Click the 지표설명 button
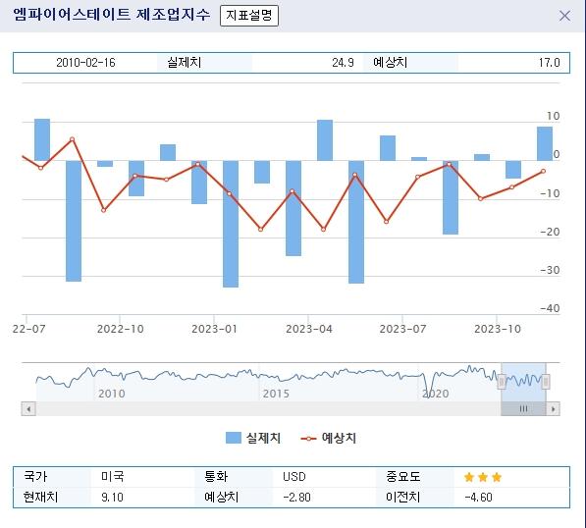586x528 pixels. click(248, 16)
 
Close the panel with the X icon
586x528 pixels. click(564, 16)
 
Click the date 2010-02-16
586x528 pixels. click(85, 63)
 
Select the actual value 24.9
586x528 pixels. click(343, 63)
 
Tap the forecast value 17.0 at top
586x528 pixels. click(549, 63)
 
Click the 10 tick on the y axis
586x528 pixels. click(554, 117)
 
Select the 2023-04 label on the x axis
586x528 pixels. click(309, 330)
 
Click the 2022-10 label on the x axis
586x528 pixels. click(121, 330)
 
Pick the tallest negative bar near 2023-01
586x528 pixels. click(231, 224)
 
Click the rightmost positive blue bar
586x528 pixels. click(545, 143)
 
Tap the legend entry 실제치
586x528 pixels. click(253, 438)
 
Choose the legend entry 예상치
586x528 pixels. click(329, 438)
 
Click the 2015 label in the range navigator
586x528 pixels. click(276, 393)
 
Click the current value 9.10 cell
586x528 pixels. click(112, 498)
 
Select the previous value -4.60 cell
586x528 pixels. click(477, 498)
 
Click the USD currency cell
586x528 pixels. click(294, 477)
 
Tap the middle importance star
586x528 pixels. click(483, 477)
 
